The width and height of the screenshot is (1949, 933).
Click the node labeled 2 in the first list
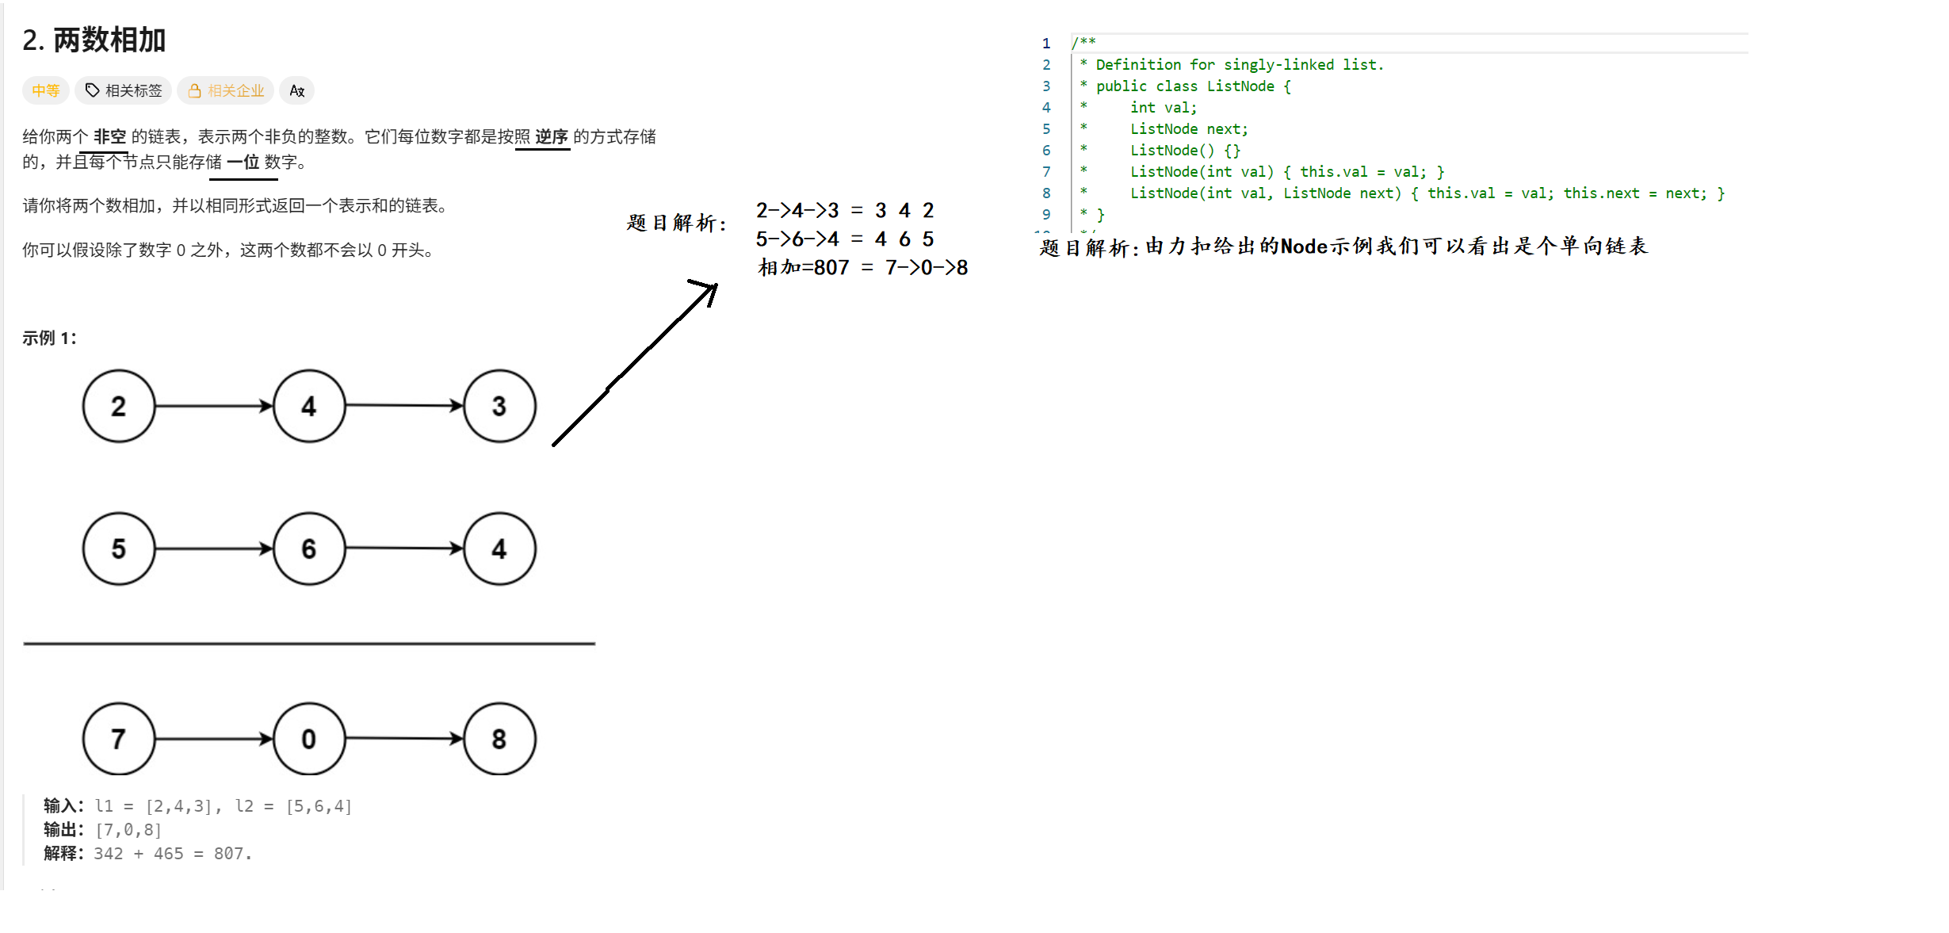coord(119,406)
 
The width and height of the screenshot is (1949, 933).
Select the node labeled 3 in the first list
coord(499,406)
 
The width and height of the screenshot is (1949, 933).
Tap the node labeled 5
coord(119,549)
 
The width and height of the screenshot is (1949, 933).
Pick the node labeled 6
coord(309,549)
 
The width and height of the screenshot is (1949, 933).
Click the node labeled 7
coord(119,739)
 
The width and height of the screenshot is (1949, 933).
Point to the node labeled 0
coord(309,739)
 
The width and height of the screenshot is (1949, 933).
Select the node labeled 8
coord(499,739)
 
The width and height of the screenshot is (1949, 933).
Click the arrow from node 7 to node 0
coord(214,739)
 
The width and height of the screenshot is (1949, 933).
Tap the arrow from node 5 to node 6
coord(214,549)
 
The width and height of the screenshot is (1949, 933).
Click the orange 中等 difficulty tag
coord(46,90)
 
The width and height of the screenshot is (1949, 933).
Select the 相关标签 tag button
coord(124,90)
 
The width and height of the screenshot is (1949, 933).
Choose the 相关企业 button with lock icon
coord(226,90)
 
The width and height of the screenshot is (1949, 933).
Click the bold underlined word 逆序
coord(552,136)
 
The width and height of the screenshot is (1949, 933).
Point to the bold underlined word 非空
coord(109,136)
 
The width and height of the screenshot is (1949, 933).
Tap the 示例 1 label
coord(49,338)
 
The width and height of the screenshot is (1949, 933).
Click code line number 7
coord(1046,172)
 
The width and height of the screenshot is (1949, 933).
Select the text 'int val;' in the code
coord(1163,108)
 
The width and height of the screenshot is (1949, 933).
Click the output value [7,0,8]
coord(128,830)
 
